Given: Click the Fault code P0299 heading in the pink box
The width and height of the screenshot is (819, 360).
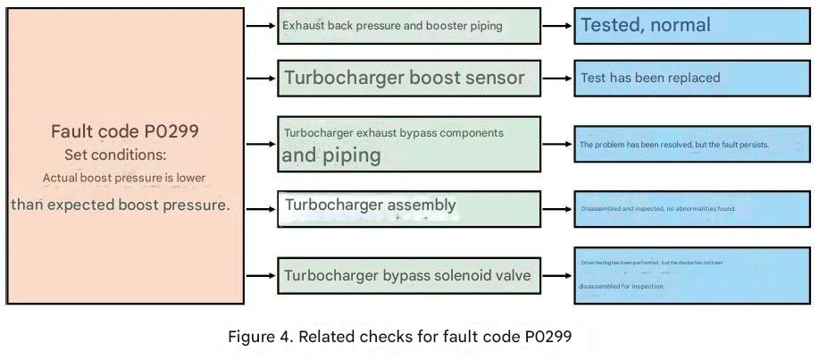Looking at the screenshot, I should pos(125,131).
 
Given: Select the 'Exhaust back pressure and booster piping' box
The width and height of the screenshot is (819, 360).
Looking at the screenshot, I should pos(408,26).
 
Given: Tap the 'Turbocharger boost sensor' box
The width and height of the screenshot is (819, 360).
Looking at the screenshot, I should pos(408,78).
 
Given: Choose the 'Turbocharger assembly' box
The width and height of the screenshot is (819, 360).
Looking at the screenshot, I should pos(408,208).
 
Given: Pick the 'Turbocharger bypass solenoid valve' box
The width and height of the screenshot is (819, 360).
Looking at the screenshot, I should pos(408,275).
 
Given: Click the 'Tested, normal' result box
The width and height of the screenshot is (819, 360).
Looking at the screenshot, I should pos(691,25).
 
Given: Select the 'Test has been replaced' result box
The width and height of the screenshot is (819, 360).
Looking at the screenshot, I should pos(691,78).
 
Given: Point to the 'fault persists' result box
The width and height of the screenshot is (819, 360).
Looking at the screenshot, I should pos(691,144).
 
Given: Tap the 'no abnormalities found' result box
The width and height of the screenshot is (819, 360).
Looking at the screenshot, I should pos(691,209).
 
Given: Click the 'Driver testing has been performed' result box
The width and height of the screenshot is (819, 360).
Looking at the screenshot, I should pos(691,275).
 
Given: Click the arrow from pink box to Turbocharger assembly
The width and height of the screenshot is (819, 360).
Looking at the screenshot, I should pos(260,209).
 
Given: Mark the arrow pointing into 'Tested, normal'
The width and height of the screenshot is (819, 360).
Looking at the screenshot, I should pos(557,26).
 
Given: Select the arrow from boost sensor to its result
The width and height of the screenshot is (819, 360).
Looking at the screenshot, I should pos(557,78).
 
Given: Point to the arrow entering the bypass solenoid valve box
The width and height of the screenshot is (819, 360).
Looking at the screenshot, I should pos(260,275).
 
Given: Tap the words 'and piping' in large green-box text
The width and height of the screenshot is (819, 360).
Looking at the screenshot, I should pos(331,155).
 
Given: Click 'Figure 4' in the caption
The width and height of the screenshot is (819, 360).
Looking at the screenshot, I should pos(259,338).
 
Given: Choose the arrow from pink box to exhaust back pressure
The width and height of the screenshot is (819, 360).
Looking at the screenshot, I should pos(260,26).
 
